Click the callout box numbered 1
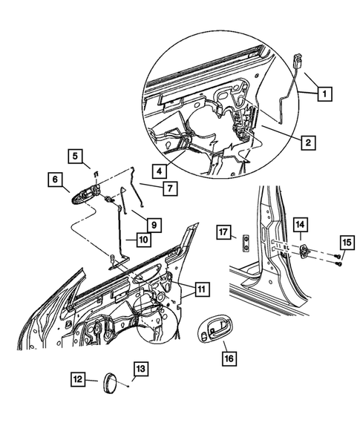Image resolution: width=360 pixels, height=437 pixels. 323,94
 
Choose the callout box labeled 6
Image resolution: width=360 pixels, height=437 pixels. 55,179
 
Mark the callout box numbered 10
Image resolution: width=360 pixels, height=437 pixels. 143,240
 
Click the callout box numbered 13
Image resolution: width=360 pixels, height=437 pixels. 140,368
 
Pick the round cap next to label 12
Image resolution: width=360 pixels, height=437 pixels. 111,384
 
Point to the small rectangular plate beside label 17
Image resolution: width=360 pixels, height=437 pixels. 243,240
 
